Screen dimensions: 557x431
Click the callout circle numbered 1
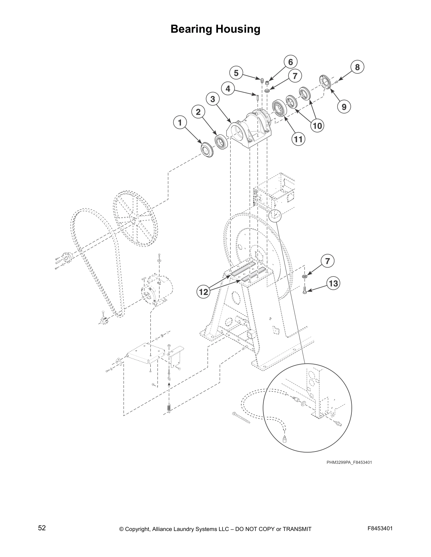pyautogui.click(x=180, y=123)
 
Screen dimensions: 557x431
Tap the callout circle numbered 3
pyautogui.click(x=213, y=99)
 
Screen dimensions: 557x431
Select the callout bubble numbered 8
pyautogui.click(x=357, y=67)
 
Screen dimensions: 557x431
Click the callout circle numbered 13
pyautogui.click(x=333, y=283)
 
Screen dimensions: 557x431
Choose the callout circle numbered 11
pyautogui.click(x=298, y=139)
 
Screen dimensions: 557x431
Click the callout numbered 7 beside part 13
pyautogui.click(x=327, y=261)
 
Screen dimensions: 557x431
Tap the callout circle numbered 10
pyautogui.click(x=317, y=126)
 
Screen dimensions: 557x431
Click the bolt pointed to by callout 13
pyautogui.click(x=305, y=290)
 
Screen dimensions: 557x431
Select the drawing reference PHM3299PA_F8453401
pyautogui.click(x=349, y=462)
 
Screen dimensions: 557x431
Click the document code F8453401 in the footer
pyautogui.click(x=380, y=528)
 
